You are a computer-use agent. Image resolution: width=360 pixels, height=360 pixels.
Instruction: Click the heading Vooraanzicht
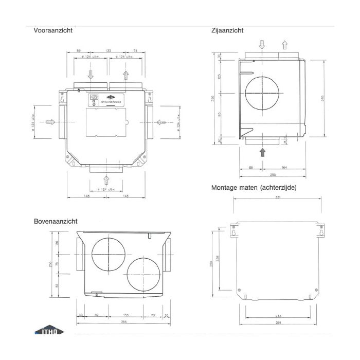(x=52, y=30)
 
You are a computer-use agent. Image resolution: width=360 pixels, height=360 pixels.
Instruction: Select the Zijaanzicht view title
(x=227, y=30)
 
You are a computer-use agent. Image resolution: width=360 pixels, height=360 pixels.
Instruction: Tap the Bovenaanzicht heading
(x=55, y=221)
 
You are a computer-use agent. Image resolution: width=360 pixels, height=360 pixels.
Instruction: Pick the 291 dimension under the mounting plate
(x=279, y=322)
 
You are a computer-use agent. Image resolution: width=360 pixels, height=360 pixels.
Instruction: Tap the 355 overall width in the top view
(x=123, y=322)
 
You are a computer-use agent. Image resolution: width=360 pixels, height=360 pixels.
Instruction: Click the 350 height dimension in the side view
(x=213, y=99)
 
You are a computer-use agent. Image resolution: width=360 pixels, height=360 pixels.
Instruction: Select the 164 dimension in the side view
(x=284, y=168)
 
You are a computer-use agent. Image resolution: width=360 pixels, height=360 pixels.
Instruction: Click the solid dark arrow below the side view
(x=263, y=152)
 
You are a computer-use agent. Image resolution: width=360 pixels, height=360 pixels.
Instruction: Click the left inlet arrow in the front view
(x=50, y=122)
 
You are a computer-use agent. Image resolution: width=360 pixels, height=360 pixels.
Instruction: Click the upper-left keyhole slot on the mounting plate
(x=235, y=232)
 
